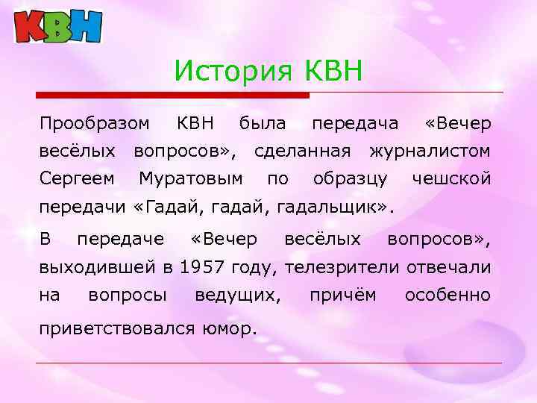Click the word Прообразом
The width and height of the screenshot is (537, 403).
click(x=94, y=122)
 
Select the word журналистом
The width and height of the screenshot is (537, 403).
click(x=430, y=151)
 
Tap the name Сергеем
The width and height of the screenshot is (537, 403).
click(x=77, y=179)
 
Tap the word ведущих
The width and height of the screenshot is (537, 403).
click(x=237, y=296)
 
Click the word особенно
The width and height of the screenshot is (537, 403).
click(x=447, y=296)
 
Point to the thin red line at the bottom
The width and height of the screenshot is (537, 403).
click(x=268, y=363)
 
